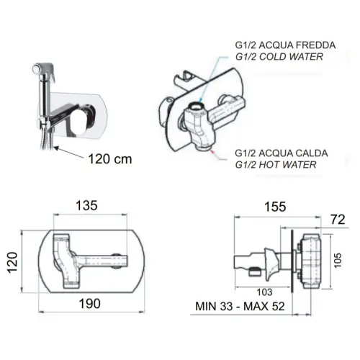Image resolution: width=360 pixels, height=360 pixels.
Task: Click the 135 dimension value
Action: coord(86,205)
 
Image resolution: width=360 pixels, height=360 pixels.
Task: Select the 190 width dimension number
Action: coord(90,304)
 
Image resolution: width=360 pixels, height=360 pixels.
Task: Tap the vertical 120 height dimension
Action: coord(12,262)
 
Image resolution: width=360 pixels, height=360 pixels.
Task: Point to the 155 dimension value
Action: coord(275,207)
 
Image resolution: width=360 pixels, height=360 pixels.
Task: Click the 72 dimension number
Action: coord(338,220)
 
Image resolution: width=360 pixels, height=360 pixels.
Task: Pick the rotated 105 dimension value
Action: coord(338,260)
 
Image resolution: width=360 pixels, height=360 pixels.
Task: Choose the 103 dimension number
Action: coord(264,292)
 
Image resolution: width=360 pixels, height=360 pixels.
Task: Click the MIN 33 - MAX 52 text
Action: coord(240,306)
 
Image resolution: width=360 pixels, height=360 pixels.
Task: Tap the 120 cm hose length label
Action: coord(110,159)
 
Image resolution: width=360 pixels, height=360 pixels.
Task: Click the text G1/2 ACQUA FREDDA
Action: coord(285,45)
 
